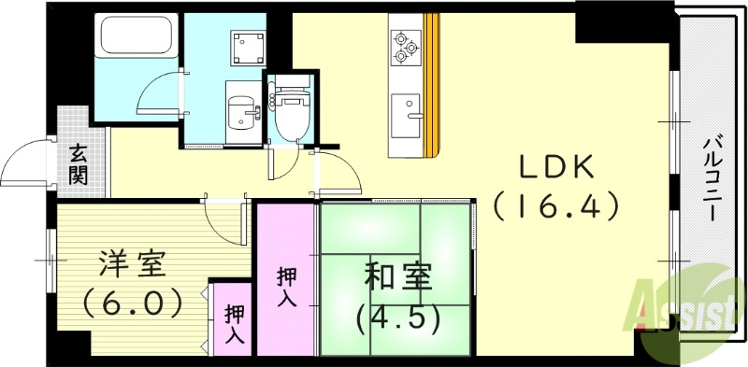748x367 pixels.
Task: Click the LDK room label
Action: pyautogui.click(x=557, y=168)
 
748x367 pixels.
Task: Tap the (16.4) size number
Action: pyautogui.click(x=557, y=205)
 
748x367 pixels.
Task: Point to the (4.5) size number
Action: pyautogui.click(x=396, y=318)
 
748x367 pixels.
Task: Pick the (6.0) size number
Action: pyautogui.click(x=132, y=303)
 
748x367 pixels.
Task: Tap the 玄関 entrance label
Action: pyautogui.click(x=78, y=163)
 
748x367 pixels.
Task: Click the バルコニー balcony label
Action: pyautogui.click(x=711, y=177)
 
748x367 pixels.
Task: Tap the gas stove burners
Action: pyautogui.click(x=405, y=47)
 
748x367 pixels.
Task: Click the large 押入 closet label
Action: pyautogui.click(x=286, y=287)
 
